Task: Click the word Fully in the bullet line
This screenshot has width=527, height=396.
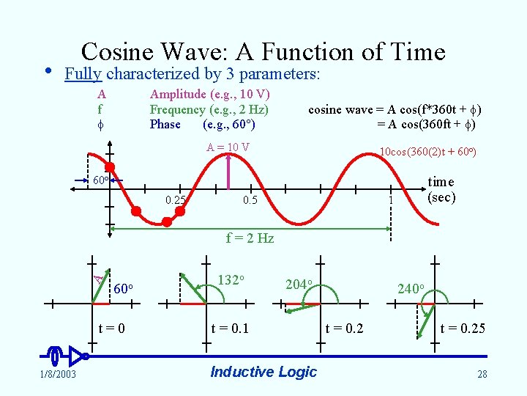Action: click(83, 74)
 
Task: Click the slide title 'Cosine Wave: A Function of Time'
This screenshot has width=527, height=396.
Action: click(263, 51)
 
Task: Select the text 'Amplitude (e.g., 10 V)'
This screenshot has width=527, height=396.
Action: click(209, 94)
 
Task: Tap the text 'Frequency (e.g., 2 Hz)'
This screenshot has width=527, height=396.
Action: click(209, 109)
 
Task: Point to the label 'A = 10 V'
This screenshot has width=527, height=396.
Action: click(228, 147)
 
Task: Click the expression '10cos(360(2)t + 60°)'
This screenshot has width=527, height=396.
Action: click(427, 152)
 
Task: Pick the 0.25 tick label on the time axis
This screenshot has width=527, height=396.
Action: click(175, 200)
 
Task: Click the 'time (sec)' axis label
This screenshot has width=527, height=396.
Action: click(441, 189)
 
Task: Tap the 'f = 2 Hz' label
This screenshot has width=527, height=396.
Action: click(250, 238)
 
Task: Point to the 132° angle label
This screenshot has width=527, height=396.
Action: click(231, 280)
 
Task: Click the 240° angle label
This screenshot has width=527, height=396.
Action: click(409, 288)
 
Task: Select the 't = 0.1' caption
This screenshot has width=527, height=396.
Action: click(230, 328)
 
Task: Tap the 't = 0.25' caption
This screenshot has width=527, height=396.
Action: click(463, 328)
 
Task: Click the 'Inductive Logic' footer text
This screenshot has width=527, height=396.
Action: click(263, 372)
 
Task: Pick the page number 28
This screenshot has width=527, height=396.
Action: click(482, 375)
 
